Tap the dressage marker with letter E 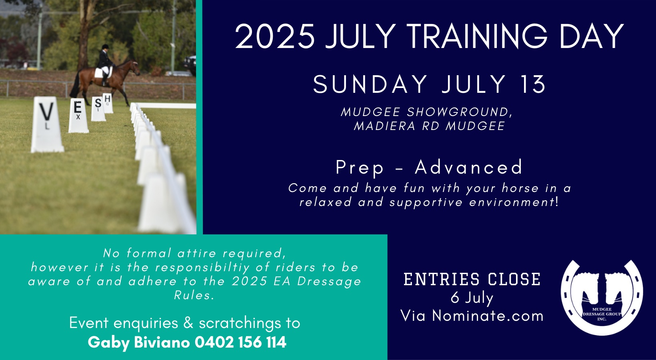78,116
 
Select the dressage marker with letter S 98,109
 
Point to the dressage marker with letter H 108,103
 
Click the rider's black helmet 105,46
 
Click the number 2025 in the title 275,37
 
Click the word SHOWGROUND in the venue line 459,112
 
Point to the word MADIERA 385,126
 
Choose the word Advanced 468,167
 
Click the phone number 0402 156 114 240,342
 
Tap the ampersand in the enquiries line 188,323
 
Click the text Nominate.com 488,316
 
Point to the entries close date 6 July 472,298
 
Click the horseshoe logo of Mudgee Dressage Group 602,297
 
